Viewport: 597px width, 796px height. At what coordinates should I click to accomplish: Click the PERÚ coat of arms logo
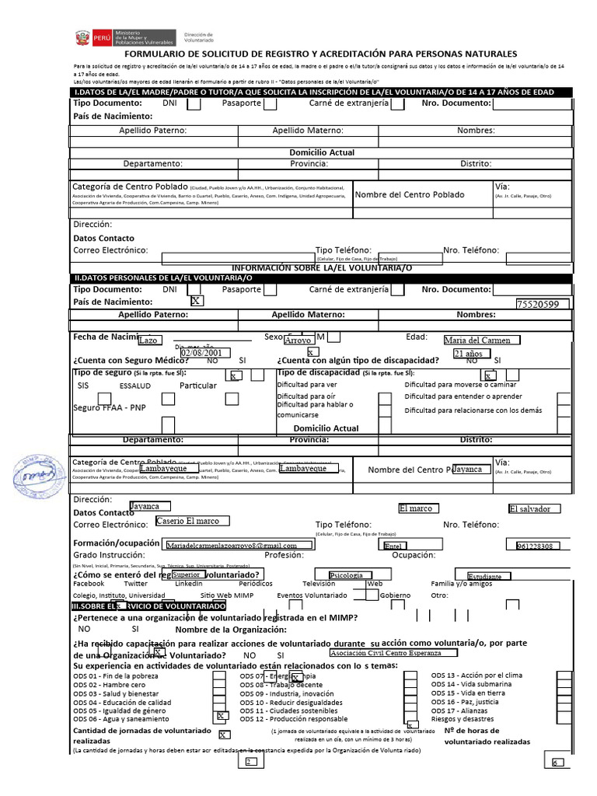coord(80,37)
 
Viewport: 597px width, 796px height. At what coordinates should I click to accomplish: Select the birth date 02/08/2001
coord(201,353)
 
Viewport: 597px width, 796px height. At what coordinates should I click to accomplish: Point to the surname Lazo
coord(148,340)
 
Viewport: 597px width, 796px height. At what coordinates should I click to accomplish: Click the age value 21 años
coord(469,354)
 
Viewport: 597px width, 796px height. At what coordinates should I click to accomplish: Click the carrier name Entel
coord(395,546)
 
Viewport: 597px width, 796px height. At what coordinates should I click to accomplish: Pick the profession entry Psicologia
coord(347,574)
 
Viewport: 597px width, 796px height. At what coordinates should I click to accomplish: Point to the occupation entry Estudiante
coord(485,576)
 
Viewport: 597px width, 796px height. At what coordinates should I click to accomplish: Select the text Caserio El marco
coord(187,521)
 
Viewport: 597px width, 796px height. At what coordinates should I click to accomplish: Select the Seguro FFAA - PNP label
coord(110,407)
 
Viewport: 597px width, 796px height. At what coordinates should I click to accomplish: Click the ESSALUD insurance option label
coord(135,386)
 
